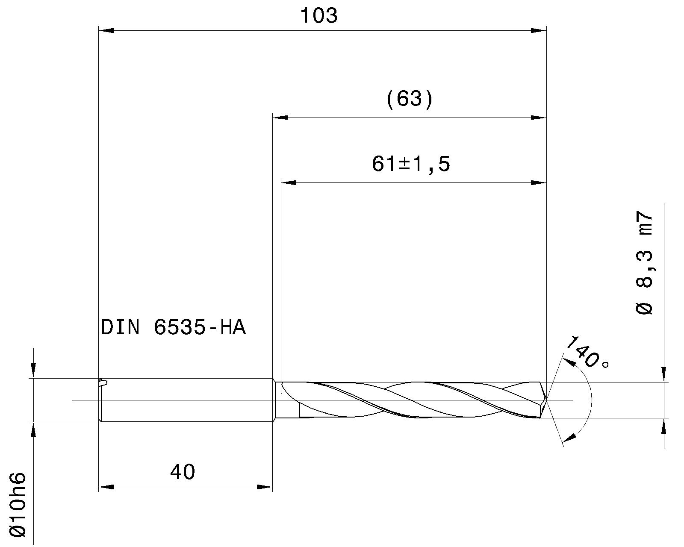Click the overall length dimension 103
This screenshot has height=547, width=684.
tap(319, 16)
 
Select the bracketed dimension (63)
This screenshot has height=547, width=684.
tap(410, 100)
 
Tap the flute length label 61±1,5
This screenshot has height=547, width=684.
tap(411, 164)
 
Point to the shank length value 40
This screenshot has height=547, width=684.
tap(183, 472)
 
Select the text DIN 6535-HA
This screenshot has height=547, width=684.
tap(173, 328)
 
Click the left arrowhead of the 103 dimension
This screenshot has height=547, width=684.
tap(106, 30)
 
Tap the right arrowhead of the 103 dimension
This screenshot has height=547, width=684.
tap(538, 30)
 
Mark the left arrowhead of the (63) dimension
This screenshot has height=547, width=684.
tap(280, 117)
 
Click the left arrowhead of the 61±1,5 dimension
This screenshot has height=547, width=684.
tap(289, 183)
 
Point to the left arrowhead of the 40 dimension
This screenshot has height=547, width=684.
tap(106, 487)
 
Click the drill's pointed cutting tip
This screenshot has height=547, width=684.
tap(547, 400)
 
